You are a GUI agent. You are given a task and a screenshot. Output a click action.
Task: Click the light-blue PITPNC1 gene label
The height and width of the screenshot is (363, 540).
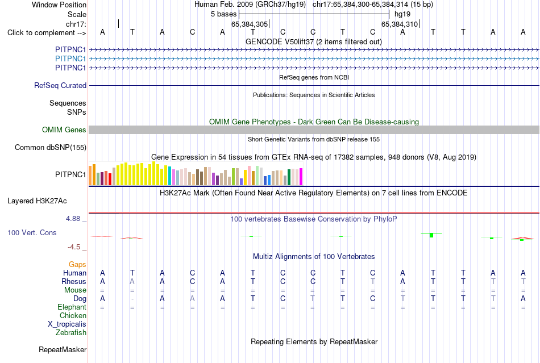70,59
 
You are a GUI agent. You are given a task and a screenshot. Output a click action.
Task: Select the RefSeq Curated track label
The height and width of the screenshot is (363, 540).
60,85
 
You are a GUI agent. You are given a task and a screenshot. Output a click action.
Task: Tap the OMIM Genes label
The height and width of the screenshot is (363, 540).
64,130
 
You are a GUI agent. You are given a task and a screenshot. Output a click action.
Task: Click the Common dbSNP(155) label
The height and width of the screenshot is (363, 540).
51,147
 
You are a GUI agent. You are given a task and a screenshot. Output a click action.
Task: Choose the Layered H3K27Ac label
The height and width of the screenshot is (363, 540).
37,201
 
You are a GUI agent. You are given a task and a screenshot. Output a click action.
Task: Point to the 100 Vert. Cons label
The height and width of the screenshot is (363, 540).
32,232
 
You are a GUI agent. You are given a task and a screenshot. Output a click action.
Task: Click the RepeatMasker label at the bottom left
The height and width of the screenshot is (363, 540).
63,349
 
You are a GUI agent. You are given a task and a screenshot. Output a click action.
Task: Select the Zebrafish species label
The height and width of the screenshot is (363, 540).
71,333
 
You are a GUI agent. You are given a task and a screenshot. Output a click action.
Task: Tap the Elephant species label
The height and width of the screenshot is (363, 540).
72,307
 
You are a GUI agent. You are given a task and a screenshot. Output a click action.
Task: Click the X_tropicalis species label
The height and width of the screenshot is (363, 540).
67,324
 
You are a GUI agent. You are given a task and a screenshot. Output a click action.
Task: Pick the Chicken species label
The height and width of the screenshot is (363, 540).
73,315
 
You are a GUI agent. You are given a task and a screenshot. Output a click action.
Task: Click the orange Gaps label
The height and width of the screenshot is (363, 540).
77,264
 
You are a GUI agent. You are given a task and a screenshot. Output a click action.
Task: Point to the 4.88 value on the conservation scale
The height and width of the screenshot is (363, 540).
73,219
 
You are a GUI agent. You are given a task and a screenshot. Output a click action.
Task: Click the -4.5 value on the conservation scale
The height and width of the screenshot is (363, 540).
74,247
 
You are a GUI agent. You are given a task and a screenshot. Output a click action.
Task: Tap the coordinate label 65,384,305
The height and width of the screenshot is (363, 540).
250,24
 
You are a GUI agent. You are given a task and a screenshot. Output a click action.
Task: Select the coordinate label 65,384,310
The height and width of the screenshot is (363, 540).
400,24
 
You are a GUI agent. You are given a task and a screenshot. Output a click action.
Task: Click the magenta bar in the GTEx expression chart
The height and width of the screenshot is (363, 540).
301,177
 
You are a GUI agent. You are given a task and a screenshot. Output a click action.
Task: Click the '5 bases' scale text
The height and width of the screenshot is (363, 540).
224,14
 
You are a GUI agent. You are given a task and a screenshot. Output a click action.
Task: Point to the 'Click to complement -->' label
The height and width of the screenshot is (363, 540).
47,33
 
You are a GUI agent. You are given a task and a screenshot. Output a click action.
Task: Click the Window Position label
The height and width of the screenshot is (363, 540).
59,5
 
